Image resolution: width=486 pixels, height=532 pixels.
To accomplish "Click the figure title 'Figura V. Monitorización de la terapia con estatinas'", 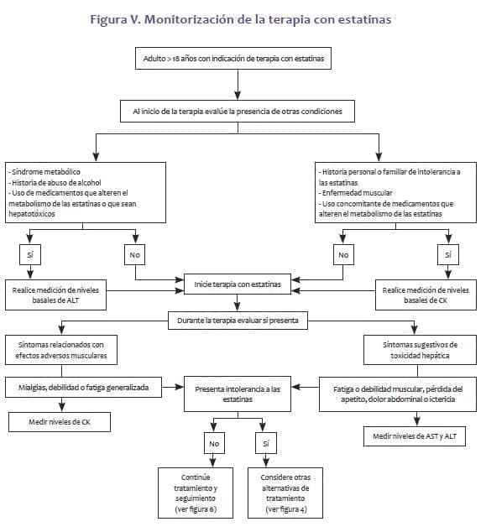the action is click(x=241, y=19).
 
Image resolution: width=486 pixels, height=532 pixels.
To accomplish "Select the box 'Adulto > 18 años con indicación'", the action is click(x=233, y=59).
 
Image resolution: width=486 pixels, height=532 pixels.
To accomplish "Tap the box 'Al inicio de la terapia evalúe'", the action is click(x=238, y=112).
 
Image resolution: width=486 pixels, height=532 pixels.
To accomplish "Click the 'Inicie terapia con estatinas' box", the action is click(x=238, y=284).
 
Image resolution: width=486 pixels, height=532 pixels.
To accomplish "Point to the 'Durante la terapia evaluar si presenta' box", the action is click(x=238, y=321).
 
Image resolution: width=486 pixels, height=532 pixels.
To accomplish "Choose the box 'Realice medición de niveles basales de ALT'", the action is click(x=55, y=295).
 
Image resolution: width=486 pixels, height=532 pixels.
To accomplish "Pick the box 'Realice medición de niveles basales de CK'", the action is click(x=426, y=295).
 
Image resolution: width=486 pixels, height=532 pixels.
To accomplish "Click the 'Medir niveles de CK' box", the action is click(x=60, y=422).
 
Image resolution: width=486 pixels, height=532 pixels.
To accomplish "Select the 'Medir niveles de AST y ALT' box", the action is click(x=415, y=436).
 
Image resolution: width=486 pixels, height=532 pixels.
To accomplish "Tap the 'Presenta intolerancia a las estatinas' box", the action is click(x=238, y=394).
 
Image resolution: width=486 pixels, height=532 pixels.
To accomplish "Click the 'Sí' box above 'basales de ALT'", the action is click(x=30, y=254).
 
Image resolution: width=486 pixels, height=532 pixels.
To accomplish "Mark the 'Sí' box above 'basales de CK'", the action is click(x=448, y=254).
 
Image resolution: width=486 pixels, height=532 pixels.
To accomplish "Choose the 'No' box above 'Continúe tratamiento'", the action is click(x=214, y=443).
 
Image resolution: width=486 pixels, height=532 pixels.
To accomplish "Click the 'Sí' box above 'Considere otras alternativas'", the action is click(x=266, y=443).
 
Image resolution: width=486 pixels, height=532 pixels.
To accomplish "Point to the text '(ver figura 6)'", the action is click(x=196, y=509).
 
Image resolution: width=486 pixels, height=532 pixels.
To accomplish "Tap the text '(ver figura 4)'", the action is click(x=285, y=509).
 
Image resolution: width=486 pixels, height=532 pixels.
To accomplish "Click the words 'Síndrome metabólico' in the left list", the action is click(x=46, y=172).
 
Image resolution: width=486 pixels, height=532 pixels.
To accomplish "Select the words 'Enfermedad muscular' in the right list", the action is click(x=358, y=193).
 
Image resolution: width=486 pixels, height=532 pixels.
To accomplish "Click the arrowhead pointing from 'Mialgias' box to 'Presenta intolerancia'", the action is click(x=179, y=387).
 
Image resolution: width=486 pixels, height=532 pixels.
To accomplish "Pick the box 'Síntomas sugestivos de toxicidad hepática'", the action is click(x=420, y=350).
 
